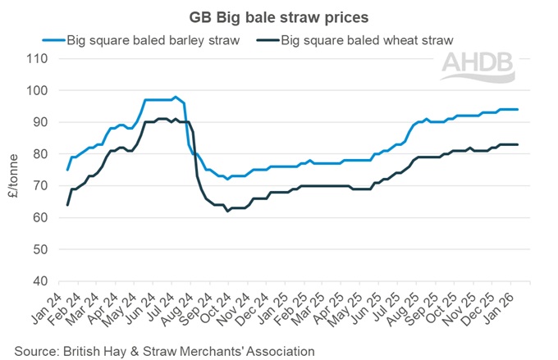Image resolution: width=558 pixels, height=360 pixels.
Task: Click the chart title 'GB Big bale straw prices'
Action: pyautogui.click(x=279, y=16)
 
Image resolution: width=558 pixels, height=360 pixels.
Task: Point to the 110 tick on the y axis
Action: pyautogui.click(x=37, y=58)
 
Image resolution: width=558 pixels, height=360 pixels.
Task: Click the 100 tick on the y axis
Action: pyautogui.click(x=37, y=90)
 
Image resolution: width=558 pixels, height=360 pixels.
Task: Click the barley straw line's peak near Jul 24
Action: pyautogui.click(x=175, y=97)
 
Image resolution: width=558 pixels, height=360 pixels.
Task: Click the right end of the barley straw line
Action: pyautogui.click(x=517, y=109)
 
